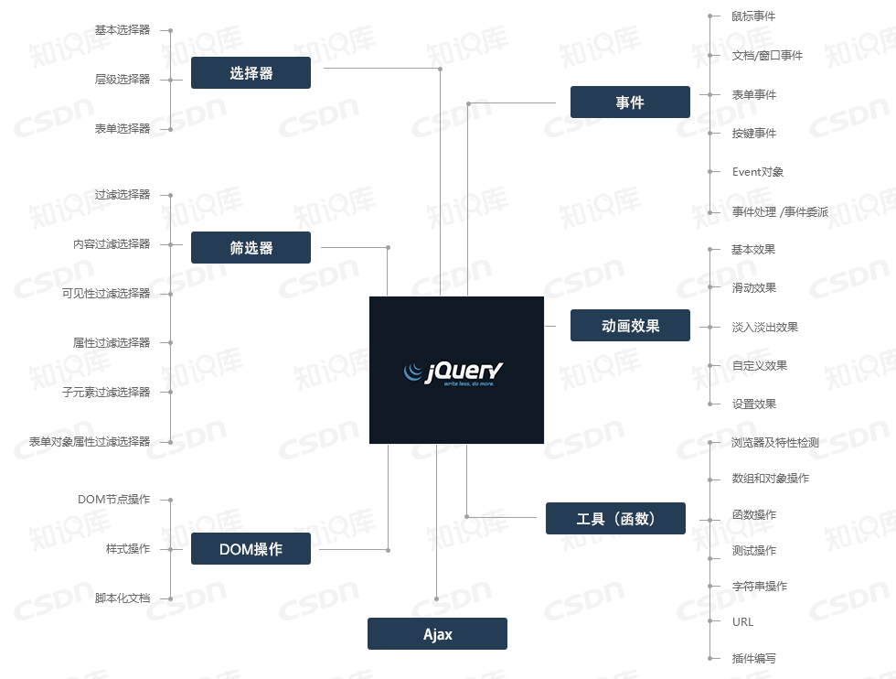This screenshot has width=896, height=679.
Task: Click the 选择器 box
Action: (251, 73)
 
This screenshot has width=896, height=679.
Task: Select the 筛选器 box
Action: (251, 248)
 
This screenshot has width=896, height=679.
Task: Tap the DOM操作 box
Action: (251, 549)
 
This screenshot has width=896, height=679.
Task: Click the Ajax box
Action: (437, 634)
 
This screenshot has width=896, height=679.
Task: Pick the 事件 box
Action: (630, 102)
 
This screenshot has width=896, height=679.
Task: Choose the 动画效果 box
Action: (630, 326)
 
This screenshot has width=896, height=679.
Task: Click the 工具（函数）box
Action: (615, 519)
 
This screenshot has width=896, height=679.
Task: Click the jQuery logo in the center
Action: (456, 371)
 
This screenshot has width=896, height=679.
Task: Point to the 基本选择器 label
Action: (123, 30)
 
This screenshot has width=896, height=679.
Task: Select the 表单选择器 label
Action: (123, 129)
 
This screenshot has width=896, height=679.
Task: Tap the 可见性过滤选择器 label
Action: (106, 294)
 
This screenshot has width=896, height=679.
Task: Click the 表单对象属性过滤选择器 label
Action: (90, 442)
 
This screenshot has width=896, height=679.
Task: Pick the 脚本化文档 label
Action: (123, 598)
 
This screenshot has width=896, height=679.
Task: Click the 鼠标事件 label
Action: (754, 16)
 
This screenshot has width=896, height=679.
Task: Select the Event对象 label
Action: (758, 172)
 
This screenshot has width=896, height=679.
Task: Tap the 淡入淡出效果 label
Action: (765, 328)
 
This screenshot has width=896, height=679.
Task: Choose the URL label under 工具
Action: (743, 622)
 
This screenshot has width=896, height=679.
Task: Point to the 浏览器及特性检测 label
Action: (775, 443)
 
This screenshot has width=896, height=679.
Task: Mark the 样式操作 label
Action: (128, 549)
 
